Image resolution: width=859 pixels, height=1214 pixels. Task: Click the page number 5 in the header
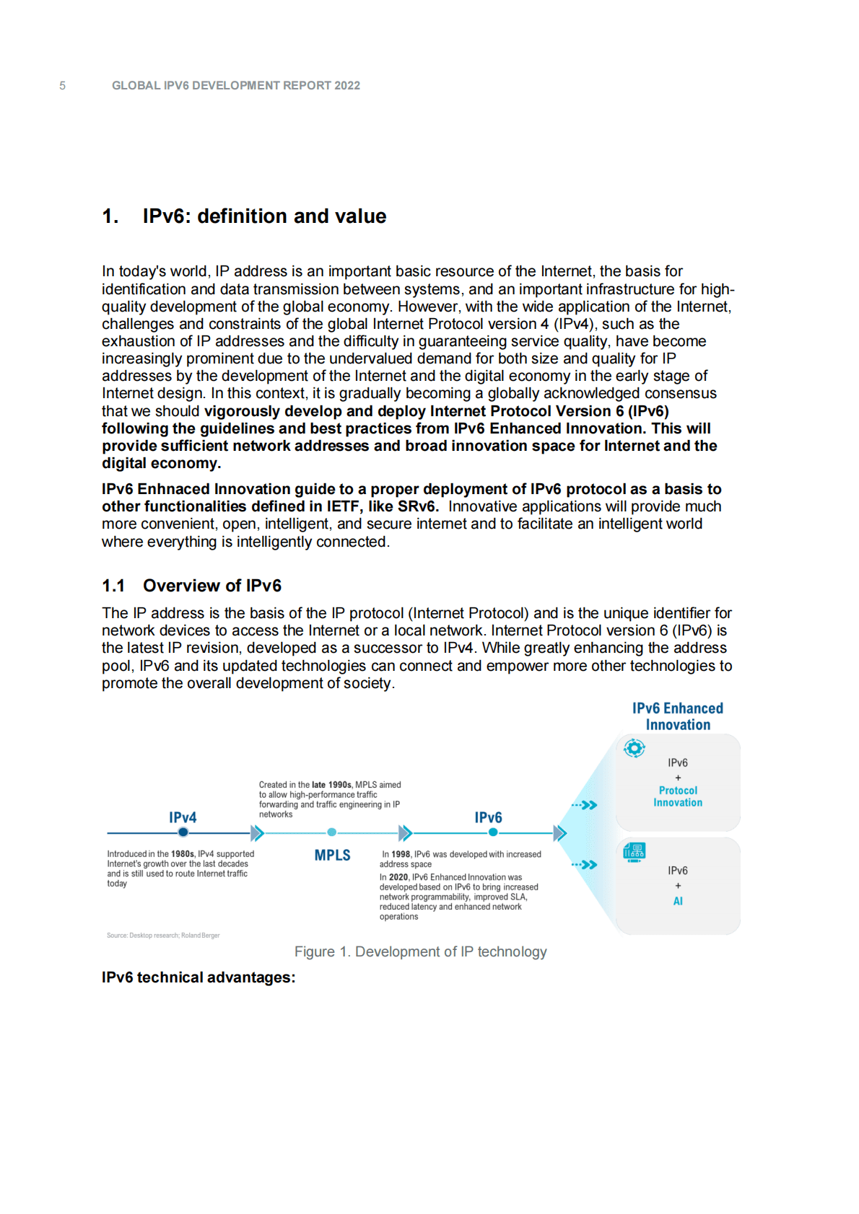coord(62,86)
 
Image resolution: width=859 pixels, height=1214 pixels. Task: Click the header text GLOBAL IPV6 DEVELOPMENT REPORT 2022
coord(235,86)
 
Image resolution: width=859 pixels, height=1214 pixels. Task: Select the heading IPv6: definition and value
coord(264,216)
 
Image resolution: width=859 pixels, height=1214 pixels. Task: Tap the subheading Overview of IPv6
coord(212,586)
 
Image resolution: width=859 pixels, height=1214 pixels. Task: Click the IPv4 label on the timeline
coord(183,817)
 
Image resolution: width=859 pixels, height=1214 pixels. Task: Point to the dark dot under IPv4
coord(183,832)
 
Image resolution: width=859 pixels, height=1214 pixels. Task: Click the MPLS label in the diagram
coord(332,855)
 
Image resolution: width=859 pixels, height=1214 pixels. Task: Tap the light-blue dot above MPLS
coord(332,832)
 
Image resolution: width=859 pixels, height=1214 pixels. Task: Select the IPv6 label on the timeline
coord(488,817)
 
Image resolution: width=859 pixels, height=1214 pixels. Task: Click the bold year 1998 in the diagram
coord(401,854)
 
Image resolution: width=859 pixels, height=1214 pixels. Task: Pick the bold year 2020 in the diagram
coord(398,877)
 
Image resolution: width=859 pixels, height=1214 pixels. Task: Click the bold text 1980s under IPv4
coord(182,854)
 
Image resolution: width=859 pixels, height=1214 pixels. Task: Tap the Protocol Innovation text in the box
coord(678,796)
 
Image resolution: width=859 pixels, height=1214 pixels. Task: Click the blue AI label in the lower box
coord(678,901)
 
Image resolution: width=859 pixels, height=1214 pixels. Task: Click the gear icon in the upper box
coord(634,749)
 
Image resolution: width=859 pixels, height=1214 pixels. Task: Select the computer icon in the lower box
coord(634,852)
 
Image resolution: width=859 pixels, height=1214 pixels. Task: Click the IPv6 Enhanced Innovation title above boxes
coord(678,716)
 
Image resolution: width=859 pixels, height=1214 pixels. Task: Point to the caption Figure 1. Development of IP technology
coord(420,952)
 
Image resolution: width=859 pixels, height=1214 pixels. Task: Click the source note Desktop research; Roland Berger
coord(163,936)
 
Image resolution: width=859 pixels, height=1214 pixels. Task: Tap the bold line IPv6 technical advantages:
coord(199,977)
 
